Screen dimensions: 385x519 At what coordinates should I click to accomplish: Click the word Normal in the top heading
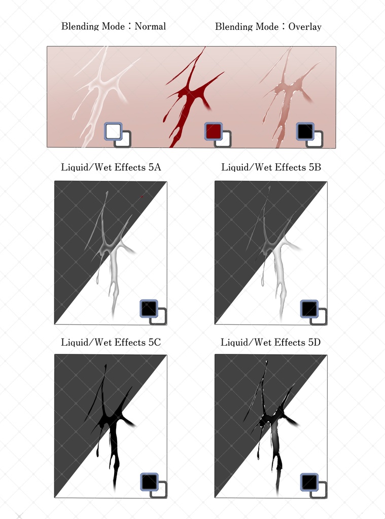150,26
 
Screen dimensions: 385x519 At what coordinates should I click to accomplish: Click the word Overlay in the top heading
305,26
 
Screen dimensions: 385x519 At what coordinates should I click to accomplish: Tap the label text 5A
155,167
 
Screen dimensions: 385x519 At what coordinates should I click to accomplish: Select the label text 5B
315,167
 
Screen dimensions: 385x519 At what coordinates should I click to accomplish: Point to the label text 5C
154,342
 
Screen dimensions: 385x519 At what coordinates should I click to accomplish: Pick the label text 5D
314,342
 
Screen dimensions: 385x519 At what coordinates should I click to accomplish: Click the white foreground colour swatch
113,131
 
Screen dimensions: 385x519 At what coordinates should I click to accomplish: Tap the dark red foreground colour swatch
214,131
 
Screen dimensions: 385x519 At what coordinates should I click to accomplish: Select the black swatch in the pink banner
305,131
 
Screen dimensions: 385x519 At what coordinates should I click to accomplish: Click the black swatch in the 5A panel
149,309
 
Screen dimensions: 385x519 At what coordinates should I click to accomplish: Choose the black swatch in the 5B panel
309,309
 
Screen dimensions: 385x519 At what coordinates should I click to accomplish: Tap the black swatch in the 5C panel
149,482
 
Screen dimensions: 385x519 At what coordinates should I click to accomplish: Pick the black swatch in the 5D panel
309,482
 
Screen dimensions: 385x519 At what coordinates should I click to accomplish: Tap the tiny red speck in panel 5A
142,196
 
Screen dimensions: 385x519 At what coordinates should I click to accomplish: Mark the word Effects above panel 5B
289,167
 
